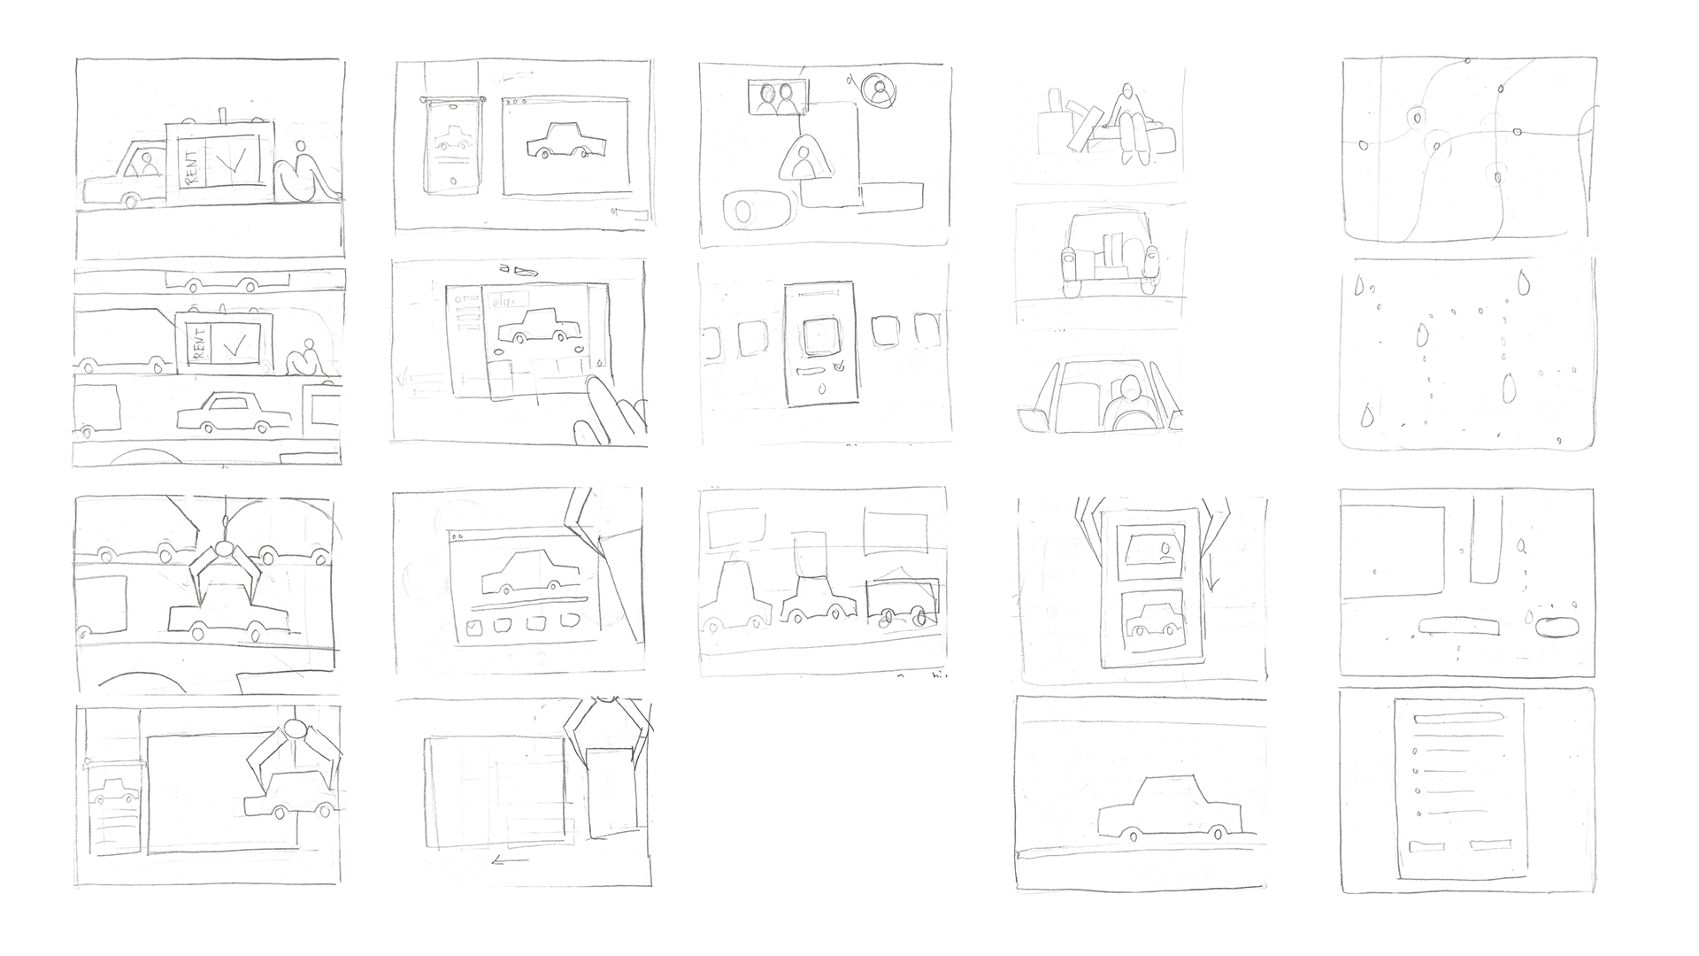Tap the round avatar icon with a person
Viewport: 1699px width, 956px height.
click(x=878, y=89)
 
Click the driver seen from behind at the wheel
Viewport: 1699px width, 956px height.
click(x=1126, y=403)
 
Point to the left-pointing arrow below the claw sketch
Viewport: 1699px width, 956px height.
click(x=510, y=859)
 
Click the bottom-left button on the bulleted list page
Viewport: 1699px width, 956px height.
click(x=1426, y=844)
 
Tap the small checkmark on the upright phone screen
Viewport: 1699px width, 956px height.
click(x=839, y=364)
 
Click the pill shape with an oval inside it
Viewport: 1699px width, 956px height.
click(x=1559, y=626)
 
